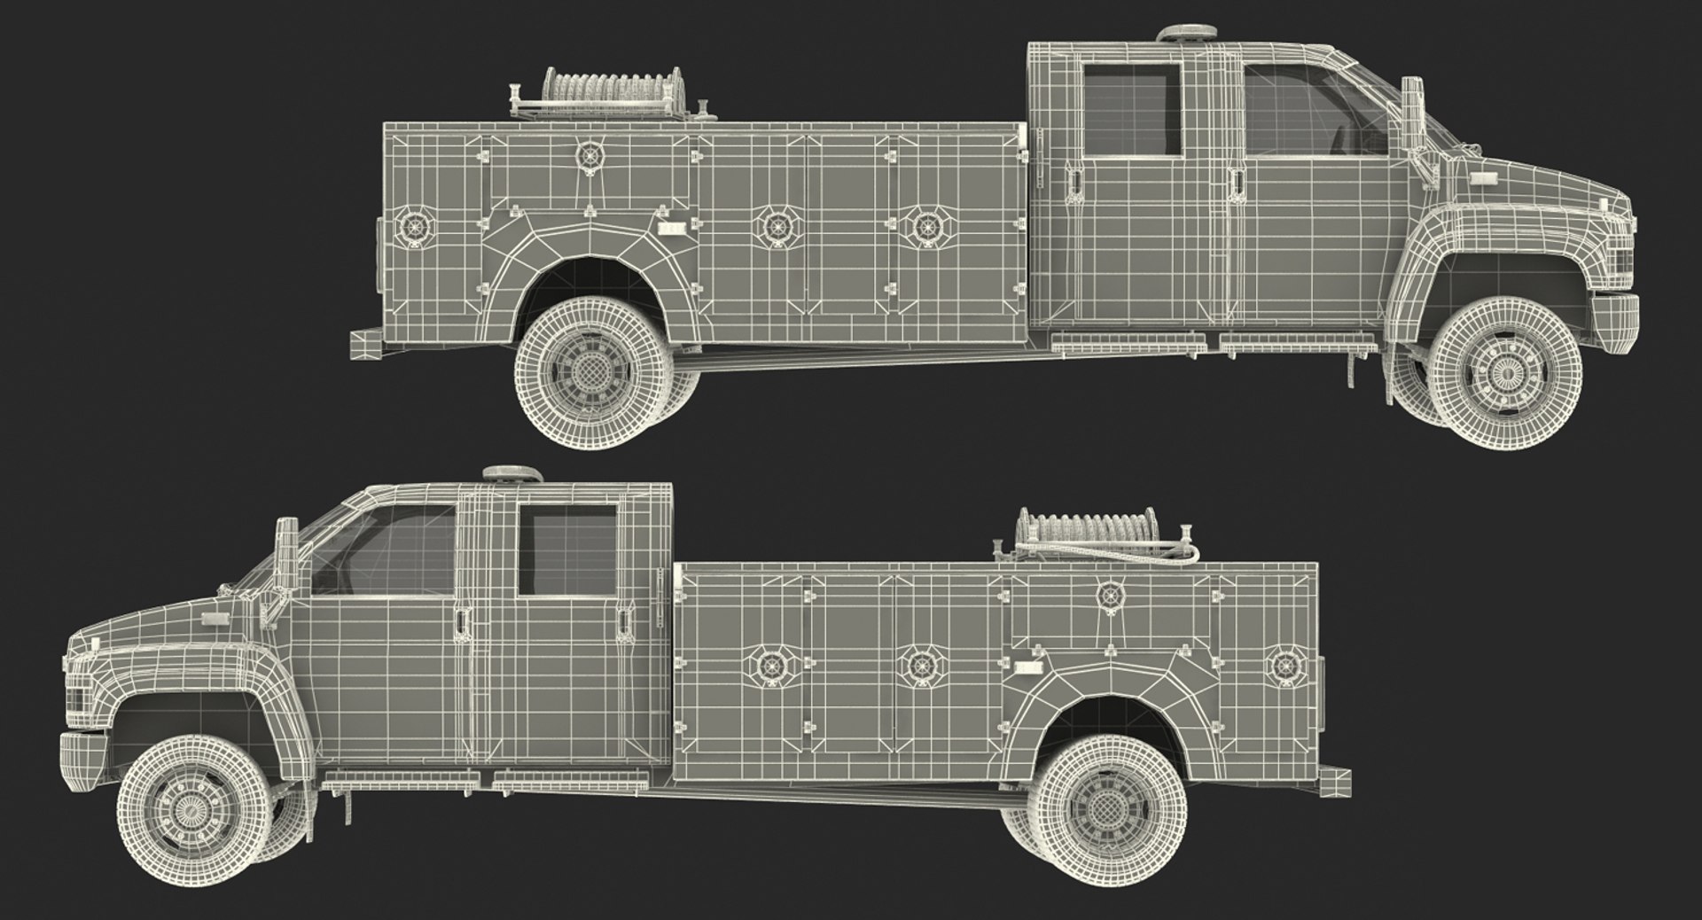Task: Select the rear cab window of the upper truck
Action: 1132,111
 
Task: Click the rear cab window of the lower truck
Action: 567,550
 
